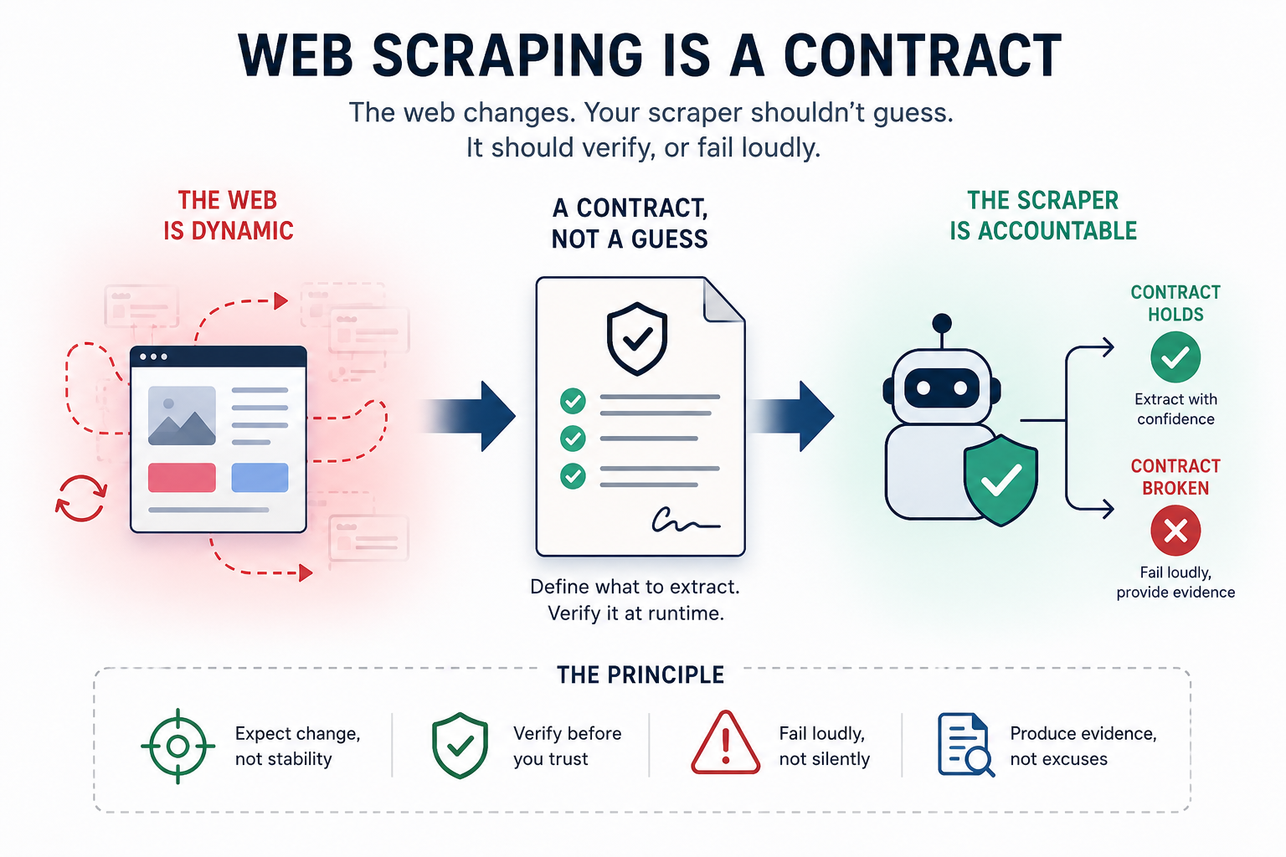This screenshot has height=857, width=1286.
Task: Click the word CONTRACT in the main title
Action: tap(923, 55)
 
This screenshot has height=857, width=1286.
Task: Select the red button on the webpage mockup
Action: tap(182, 478)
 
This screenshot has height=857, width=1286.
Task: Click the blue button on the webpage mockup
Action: tap(260, 478)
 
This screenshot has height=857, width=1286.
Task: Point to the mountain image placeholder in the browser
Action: tap(182, 416)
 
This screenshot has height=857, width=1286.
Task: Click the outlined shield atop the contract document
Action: tap(636, 339)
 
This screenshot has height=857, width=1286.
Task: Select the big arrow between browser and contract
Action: tap(470, 416)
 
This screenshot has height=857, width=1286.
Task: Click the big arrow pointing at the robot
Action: tap(791, 416)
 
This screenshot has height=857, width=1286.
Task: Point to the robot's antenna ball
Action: tap(942, 323)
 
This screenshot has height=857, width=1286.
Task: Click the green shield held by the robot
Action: tap(1001, 480)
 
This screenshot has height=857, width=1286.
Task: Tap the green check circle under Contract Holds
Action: tap(1175, 357)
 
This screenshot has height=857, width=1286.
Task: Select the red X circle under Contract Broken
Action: tap(1175, 531)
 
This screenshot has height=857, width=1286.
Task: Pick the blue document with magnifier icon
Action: tap(965, 745)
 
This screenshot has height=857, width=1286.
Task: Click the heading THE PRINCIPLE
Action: tap(640, 675)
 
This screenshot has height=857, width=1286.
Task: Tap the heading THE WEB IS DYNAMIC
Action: tap(228, 216)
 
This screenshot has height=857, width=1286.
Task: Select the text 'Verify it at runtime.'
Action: tap(635, 613)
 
